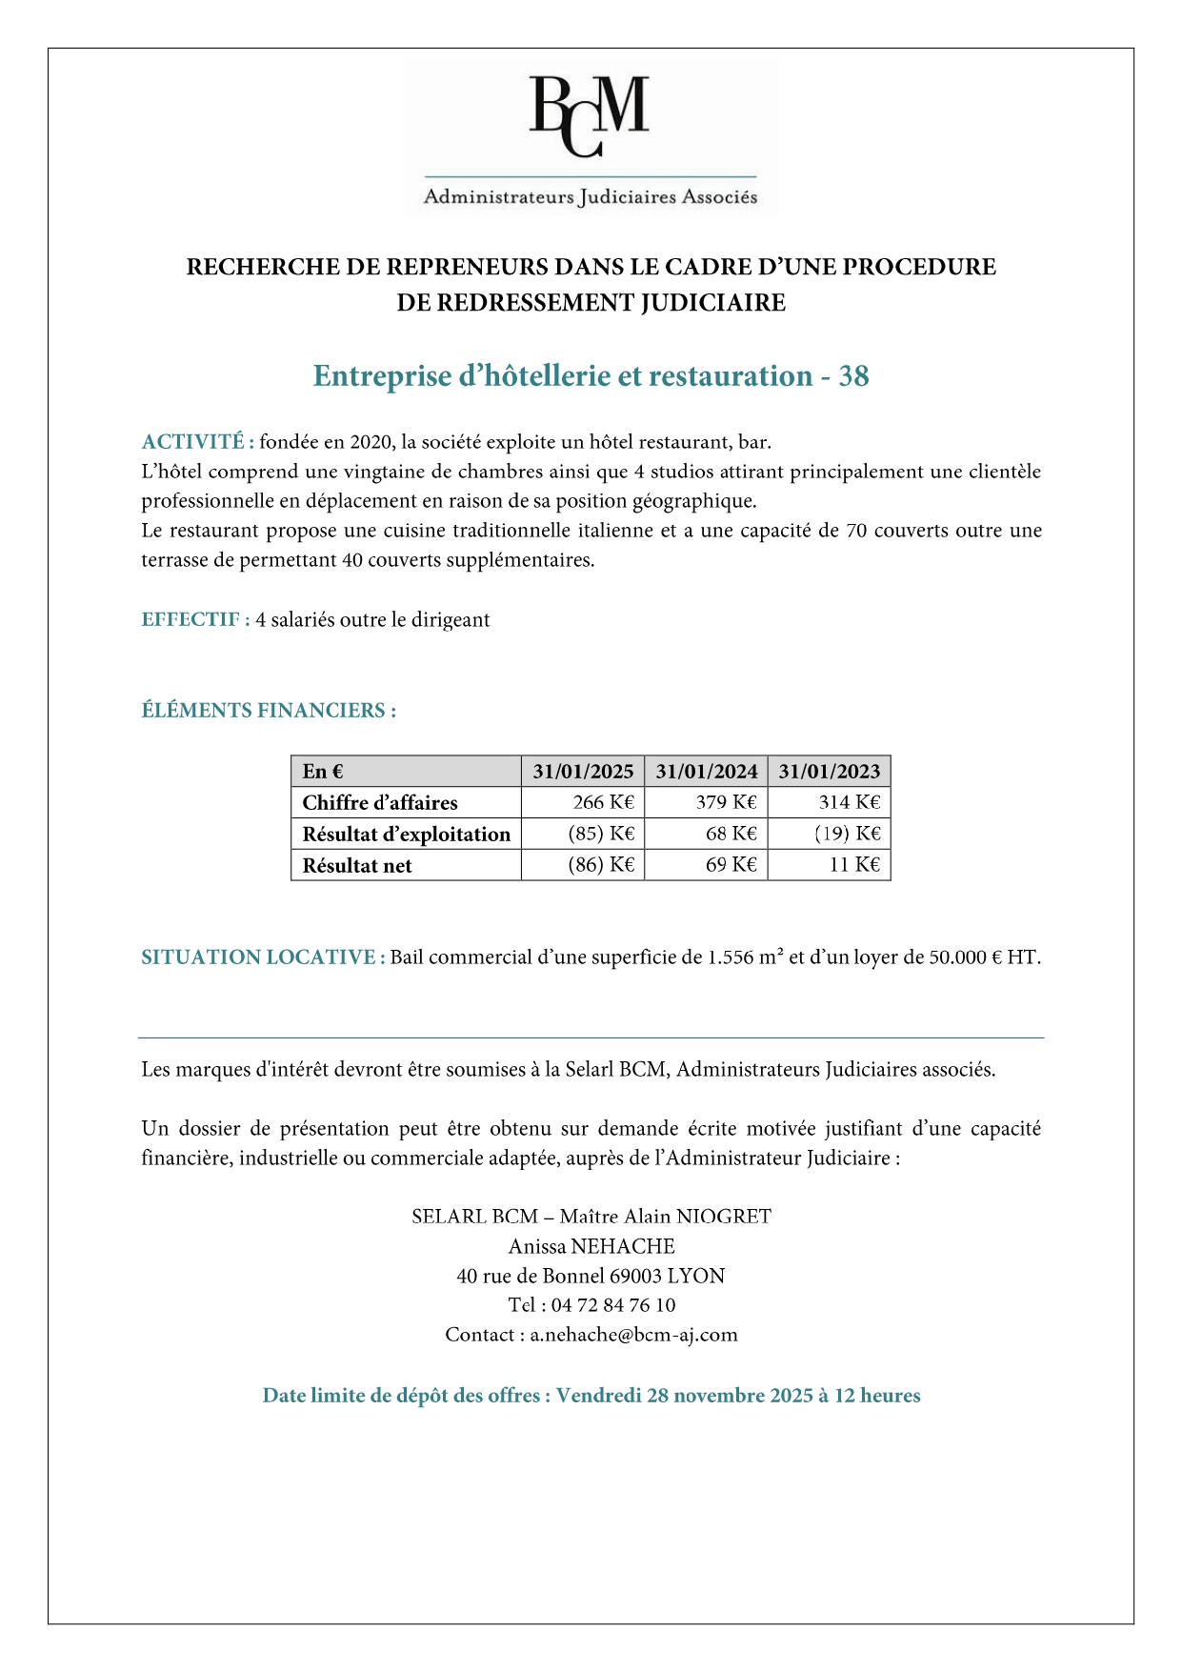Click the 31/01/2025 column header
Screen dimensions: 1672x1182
coord(583,772)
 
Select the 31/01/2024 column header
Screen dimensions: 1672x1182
coord(706,772)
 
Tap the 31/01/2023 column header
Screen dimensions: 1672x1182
coord(829,772)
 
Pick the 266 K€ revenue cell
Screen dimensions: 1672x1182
coord(603,802)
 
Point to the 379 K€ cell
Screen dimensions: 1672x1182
coord(726,802)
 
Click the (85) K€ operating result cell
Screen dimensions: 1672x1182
coord(601,834)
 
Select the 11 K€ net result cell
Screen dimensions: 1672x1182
coord(854,865)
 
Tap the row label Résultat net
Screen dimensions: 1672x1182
coord(357,866)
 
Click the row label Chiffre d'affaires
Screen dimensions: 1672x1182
coord(380,803)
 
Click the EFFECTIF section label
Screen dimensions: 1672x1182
coord(195,620)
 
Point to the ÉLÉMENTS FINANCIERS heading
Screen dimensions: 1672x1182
coord(269,711)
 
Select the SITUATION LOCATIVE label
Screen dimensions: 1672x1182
coord(263,957)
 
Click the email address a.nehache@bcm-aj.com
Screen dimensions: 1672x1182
coord(633,1335)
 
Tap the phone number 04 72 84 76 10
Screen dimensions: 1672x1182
coord(612,1305)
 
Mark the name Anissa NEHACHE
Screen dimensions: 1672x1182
coord(591,1246)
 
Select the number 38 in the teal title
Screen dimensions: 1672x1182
coord(853,376)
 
